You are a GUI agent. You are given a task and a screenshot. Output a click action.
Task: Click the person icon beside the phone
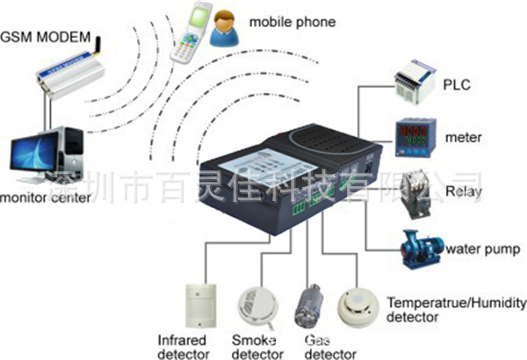(x=225, y=25)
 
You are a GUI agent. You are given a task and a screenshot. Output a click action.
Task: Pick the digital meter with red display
(x=413, y=137)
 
